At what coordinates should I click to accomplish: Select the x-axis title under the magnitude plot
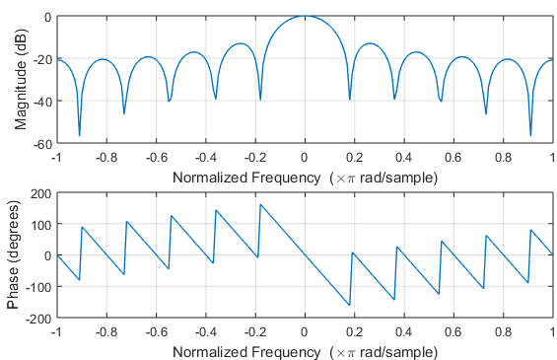305,177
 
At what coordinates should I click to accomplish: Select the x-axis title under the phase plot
305,350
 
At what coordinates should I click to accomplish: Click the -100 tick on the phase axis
35,287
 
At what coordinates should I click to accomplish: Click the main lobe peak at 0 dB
305,17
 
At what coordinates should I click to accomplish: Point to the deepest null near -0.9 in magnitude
79,135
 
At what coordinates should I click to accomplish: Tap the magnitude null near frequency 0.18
350,100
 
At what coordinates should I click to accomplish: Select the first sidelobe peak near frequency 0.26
369,43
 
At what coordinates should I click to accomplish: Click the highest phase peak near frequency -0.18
260,204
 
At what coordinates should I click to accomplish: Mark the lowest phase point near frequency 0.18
349,305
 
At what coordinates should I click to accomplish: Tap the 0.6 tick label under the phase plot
453,332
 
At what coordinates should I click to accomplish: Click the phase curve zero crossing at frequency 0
305,255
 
